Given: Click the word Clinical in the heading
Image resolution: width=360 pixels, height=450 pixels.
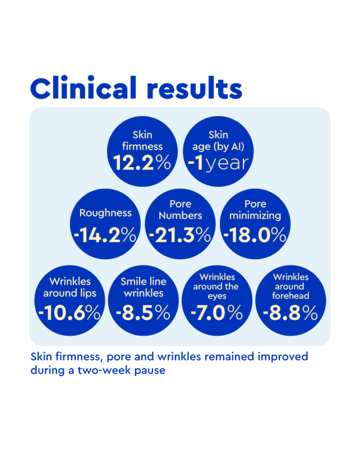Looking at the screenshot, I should tap(83, 88).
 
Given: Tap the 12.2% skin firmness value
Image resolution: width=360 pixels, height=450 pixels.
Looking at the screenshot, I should tap(142, 162).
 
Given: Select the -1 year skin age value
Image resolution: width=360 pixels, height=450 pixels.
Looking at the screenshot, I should tap(218, 163).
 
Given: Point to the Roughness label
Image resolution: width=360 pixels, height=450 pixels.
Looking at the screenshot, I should tap(105, 213).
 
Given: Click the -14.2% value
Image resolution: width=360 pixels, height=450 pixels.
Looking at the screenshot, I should tap(105, 235).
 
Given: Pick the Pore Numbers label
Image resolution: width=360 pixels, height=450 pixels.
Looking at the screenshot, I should tap(180, 210).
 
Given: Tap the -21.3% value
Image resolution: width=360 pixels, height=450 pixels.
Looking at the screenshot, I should tap(180, 235).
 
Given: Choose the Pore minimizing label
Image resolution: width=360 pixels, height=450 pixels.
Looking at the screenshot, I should tap(255, 210).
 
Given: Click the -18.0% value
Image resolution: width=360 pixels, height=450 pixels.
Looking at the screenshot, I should tap(255, 235).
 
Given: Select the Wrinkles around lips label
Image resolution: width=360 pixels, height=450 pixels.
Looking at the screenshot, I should tap(70, 287).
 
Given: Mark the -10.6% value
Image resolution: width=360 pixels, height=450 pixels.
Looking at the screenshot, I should tap(70, 313).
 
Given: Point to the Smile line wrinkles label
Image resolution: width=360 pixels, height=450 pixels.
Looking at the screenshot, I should tap(144, 287).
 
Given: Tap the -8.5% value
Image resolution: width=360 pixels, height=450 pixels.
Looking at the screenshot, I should tap(143, 313).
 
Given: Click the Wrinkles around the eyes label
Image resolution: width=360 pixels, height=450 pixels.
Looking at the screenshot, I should tap(217, 286).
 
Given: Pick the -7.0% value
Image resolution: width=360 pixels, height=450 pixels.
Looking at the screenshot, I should tap(217, 313).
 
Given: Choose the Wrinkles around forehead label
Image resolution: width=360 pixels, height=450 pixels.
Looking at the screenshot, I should tap(291, 286).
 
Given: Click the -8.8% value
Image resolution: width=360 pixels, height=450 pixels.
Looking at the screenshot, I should tap(291, 313).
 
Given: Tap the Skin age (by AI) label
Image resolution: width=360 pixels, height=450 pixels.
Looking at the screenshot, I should tap(218, 141).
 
